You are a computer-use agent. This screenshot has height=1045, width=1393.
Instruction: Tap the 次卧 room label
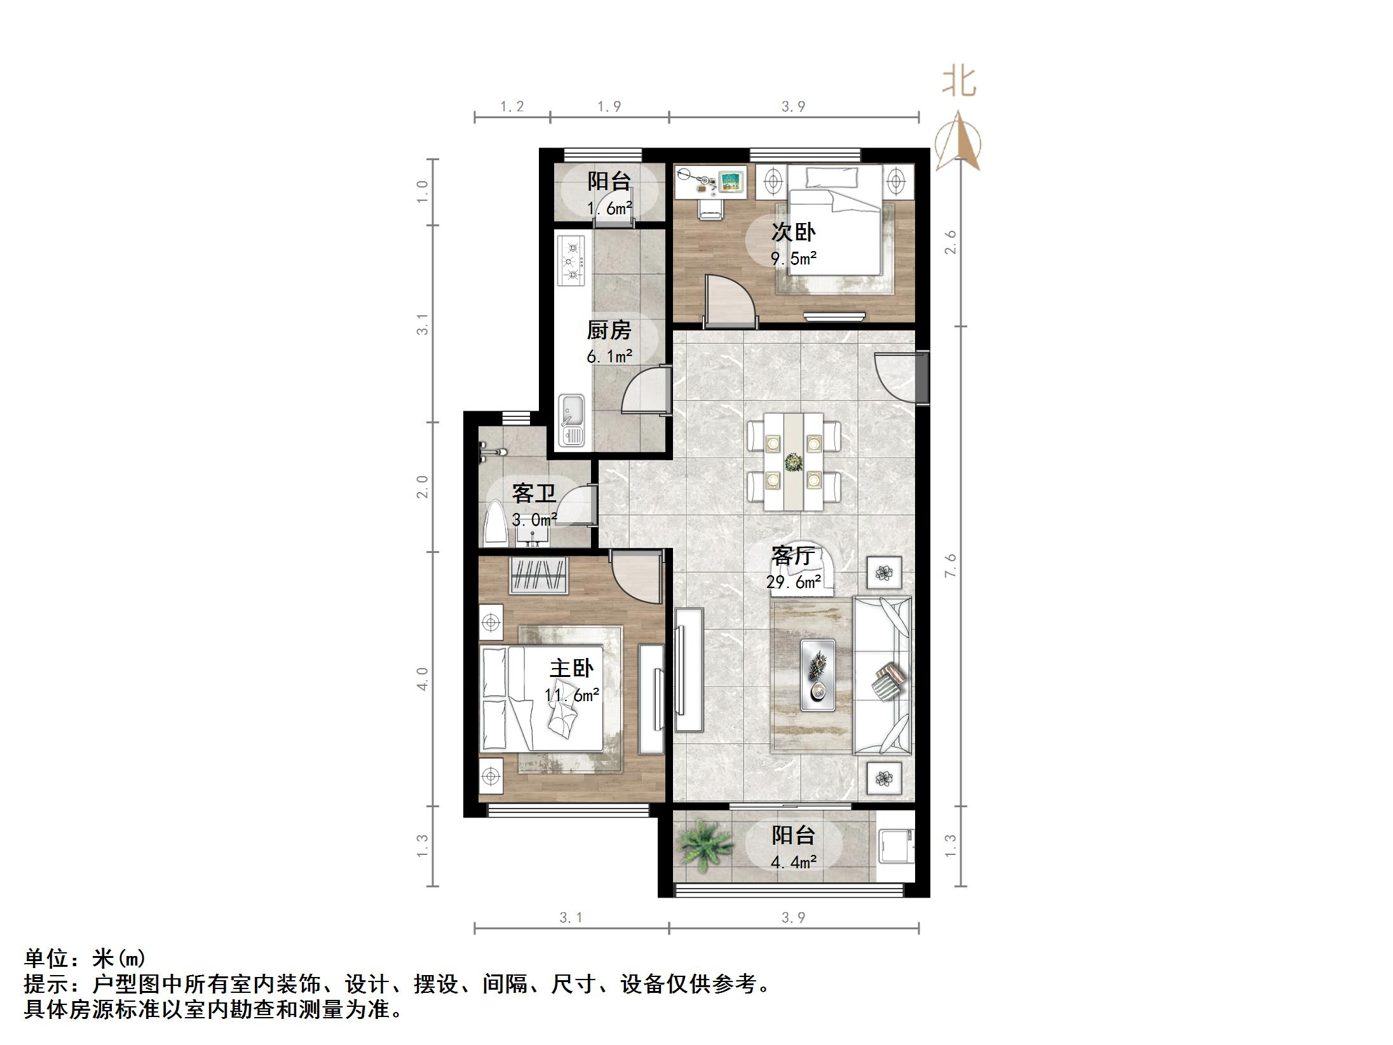click(x=793, y=232)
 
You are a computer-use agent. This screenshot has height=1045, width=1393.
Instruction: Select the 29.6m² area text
click(x=793, y=582)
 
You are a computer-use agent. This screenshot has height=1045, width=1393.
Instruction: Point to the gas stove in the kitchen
click(x=571, y=261)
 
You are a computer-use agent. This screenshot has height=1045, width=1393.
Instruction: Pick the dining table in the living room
click(x=794, y=461)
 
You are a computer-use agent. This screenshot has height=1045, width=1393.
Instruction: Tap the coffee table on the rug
click(x=817, y=675)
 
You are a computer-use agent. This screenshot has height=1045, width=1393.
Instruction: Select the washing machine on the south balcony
click(x=896, y=846)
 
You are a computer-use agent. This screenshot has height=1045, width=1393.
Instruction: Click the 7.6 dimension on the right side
click(x=950, y=566)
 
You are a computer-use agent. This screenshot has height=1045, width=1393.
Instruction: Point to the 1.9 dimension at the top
click(x=609, y=107)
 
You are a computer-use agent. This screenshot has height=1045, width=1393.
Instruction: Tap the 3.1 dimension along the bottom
click(x=571, y=918)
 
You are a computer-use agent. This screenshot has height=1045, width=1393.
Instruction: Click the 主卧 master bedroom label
click(x=571, y=668)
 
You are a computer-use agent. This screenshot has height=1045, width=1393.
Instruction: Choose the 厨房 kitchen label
click(x=609, y=331)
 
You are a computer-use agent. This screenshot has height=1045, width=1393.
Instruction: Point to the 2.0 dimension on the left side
click(x=423, y=486)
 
